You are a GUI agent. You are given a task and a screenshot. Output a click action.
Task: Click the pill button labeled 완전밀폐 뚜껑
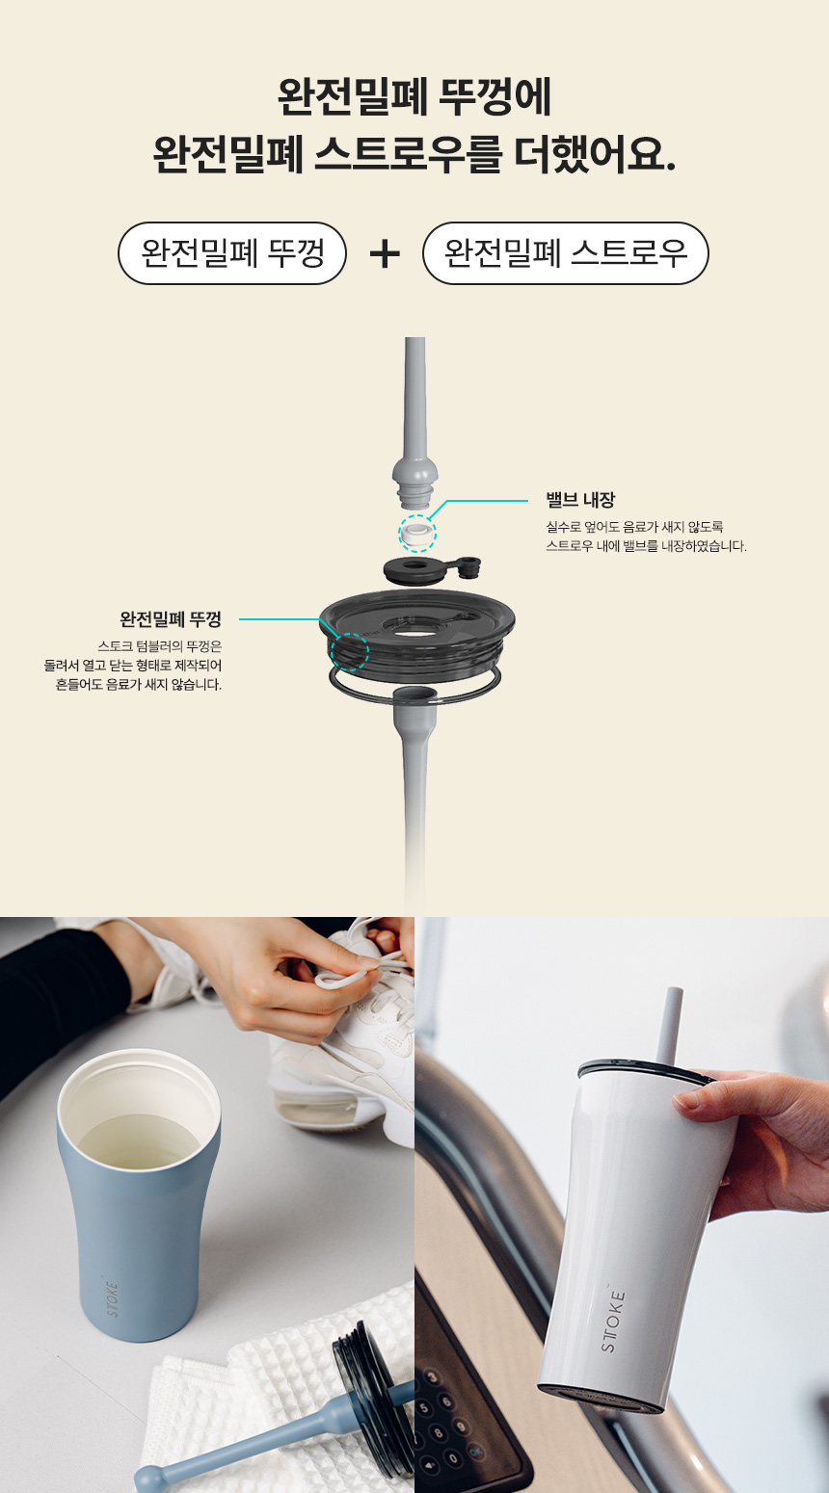pos(232,253)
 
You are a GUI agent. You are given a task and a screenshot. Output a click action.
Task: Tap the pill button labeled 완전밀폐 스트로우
pos(566,253)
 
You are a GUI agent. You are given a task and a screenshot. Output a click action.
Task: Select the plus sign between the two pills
pos(385,254)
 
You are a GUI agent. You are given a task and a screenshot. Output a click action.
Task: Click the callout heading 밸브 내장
pos(580,499)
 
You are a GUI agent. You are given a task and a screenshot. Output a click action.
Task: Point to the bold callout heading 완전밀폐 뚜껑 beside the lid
pos(171,619)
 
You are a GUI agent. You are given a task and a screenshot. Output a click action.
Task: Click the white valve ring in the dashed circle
pos(417,535)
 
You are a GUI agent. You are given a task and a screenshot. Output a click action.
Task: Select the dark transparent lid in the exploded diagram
pos(416,633)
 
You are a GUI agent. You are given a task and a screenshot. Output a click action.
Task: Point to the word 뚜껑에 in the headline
pos(495,97)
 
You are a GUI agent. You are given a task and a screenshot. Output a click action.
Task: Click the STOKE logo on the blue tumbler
pos(112,1299)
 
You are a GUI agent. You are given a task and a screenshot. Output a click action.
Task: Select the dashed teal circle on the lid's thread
pos(350,651)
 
